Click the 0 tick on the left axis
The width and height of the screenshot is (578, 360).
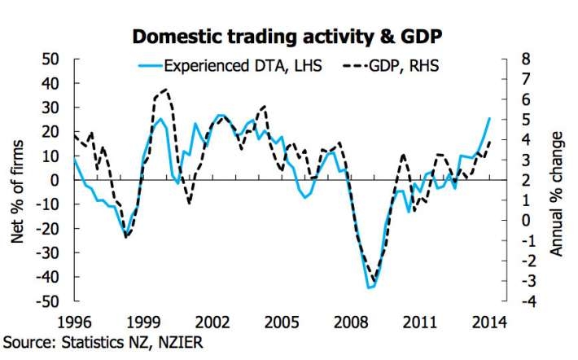(55, 180)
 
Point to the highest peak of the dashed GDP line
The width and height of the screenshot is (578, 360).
(165, 90)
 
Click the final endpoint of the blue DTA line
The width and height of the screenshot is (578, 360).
(489, 118)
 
